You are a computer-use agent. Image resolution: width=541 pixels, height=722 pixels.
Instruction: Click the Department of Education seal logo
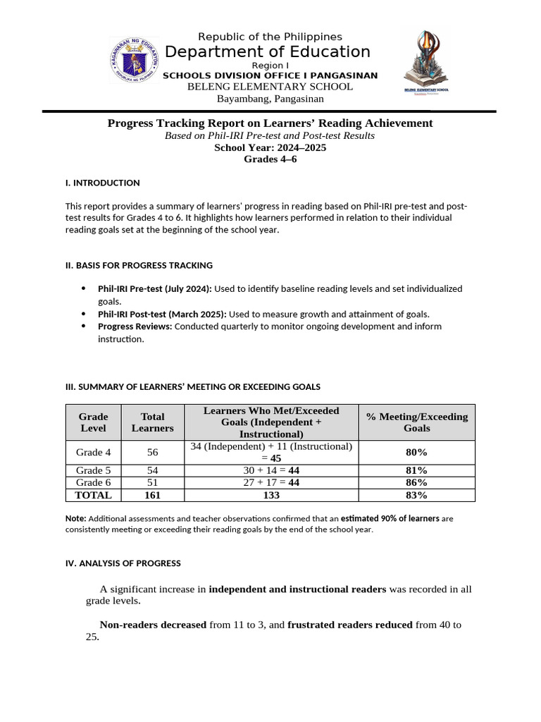tap(135, 61)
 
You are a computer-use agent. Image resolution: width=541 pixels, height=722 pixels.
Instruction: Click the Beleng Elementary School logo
tap(426, 63)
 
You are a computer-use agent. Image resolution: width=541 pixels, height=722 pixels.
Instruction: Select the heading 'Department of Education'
tap(267, 51)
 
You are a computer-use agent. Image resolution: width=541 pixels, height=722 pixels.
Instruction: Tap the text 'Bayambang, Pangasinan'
tap(270, 99)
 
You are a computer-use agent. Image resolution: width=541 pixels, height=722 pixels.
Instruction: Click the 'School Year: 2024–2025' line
tap(270, 147)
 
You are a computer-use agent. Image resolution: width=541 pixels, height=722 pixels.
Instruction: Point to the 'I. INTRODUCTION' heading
tap(102, 183)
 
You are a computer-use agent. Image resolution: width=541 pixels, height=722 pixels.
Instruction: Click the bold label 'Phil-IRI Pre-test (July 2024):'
tap(155, 288)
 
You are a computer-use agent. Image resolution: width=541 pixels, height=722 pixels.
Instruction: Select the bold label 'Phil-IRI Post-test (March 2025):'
tap(162, 314)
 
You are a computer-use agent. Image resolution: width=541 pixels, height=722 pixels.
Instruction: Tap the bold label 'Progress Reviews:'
tap(135, 326)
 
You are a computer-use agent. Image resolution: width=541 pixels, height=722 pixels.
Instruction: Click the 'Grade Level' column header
tap(93, 422)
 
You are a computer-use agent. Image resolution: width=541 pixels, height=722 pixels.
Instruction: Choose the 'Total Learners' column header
tap(152, 422)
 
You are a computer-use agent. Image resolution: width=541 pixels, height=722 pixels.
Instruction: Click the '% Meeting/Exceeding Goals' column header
tap(416, 422)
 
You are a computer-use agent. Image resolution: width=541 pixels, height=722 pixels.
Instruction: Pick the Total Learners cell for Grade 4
tap(152, 453)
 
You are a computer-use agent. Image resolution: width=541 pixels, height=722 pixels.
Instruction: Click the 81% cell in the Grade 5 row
tap(416, 470)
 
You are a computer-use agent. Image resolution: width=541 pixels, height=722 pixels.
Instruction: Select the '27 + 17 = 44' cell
tap(271, 483)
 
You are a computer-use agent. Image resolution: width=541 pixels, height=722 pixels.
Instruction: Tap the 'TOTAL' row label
tap(93, 495)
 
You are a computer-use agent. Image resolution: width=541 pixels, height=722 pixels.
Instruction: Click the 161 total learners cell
tap(152, 495)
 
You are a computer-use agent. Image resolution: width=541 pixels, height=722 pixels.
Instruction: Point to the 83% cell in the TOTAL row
tap(416, 495)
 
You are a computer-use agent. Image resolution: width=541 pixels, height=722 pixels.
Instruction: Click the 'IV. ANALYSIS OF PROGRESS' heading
tap(123, 563)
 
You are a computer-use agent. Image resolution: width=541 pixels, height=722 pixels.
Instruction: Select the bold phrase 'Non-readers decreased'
tap(153, 625)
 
